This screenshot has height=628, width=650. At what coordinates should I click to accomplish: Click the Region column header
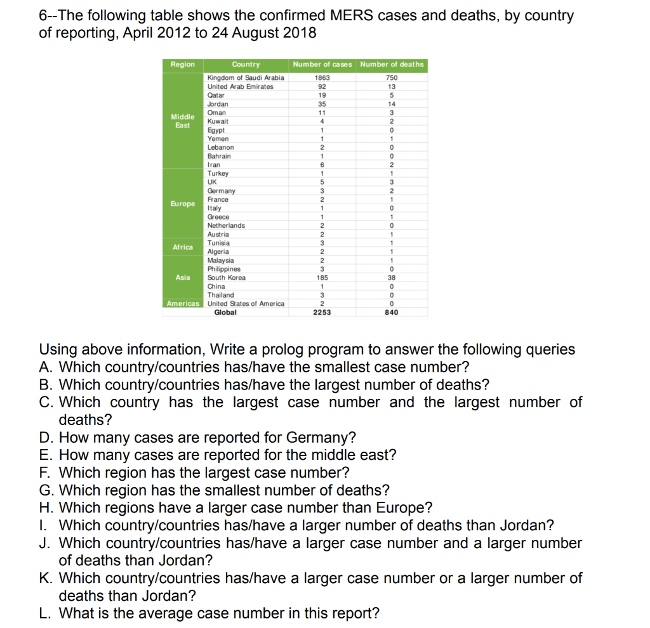(x=183, y=64)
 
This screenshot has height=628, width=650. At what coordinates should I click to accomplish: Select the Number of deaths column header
(x=392, y=64)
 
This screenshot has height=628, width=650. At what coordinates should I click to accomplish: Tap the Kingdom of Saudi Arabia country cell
(x=246, y=77)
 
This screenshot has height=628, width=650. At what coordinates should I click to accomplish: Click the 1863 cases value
(x=322, y=77)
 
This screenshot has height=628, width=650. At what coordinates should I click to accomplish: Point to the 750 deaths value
(x=392, y=77)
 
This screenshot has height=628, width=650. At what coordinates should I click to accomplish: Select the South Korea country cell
(x=227, y=278)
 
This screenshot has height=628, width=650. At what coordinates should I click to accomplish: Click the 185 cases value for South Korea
(x=322, y=278)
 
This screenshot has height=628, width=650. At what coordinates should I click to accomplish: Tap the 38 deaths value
(x=392, y=278)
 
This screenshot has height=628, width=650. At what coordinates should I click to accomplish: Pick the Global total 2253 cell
(x=322, y=313)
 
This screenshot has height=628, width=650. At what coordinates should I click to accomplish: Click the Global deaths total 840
(x=392, y=313)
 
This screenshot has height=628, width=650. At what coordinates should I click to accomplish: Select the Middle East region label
(x=183, y=121)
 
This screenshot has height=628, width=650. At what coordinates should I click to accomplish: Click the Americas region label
(x=183, y=304)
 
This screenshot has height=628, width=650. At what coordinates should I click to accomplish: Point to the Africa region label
(x=183, y=247)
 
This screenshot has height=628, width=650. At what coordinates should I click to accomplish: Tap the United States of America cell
(x=246, y=304)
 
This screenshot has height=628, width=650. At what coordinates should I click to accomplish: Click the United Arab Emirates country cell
(x=241, y=86)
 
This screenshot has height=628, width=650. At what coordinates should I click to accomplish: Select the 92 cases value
(x=322, y=86)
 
